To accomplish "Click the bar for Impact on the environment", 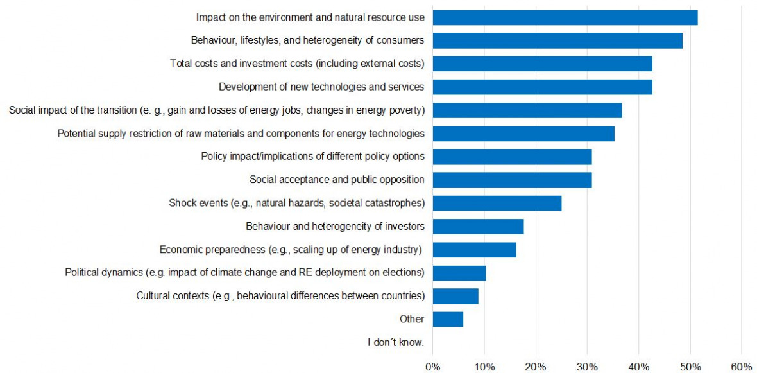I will [x=565, y=17].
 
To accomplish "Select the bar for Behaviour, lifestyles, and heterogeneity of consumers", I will [x=557, y=40].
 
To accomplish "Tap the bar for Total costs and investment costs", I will [x=542, y=64].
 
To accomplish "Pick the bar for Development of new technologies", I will [x=542, y=87].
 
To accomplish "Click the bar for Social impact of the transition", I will [x=527, y=110].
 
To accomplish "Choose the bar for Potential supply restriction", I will [x=523, y=134].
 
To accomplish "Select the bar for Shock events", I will [x=497, y=203].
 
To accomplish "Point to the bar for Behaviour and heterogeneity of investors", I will [x=478, y=227].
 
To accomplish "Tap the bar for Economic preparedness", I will [x=474, y=250].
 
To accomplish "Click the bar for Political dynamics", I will [x=459, y=273].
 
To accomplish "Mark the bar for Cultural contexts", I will [x=455, y=296].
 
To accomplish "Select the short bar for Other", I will [x=447, y=319].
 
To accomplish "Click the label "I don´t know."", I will [x=396, y=342].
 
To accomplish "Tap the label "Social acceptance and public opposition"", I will [x=337, y=180].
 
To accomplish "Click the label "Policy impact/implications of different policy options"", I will [x=312, y=157].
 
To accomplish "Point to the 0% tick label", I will [x=433, y=367].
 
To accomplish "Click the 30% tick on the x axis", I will [x=587, y=367].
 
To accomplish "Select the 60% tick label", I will [x=741, y=367].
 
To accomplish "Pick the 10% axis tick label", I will [x=484, y=367].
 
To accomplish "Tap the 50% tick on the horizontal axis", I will [x=690, y=367].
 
